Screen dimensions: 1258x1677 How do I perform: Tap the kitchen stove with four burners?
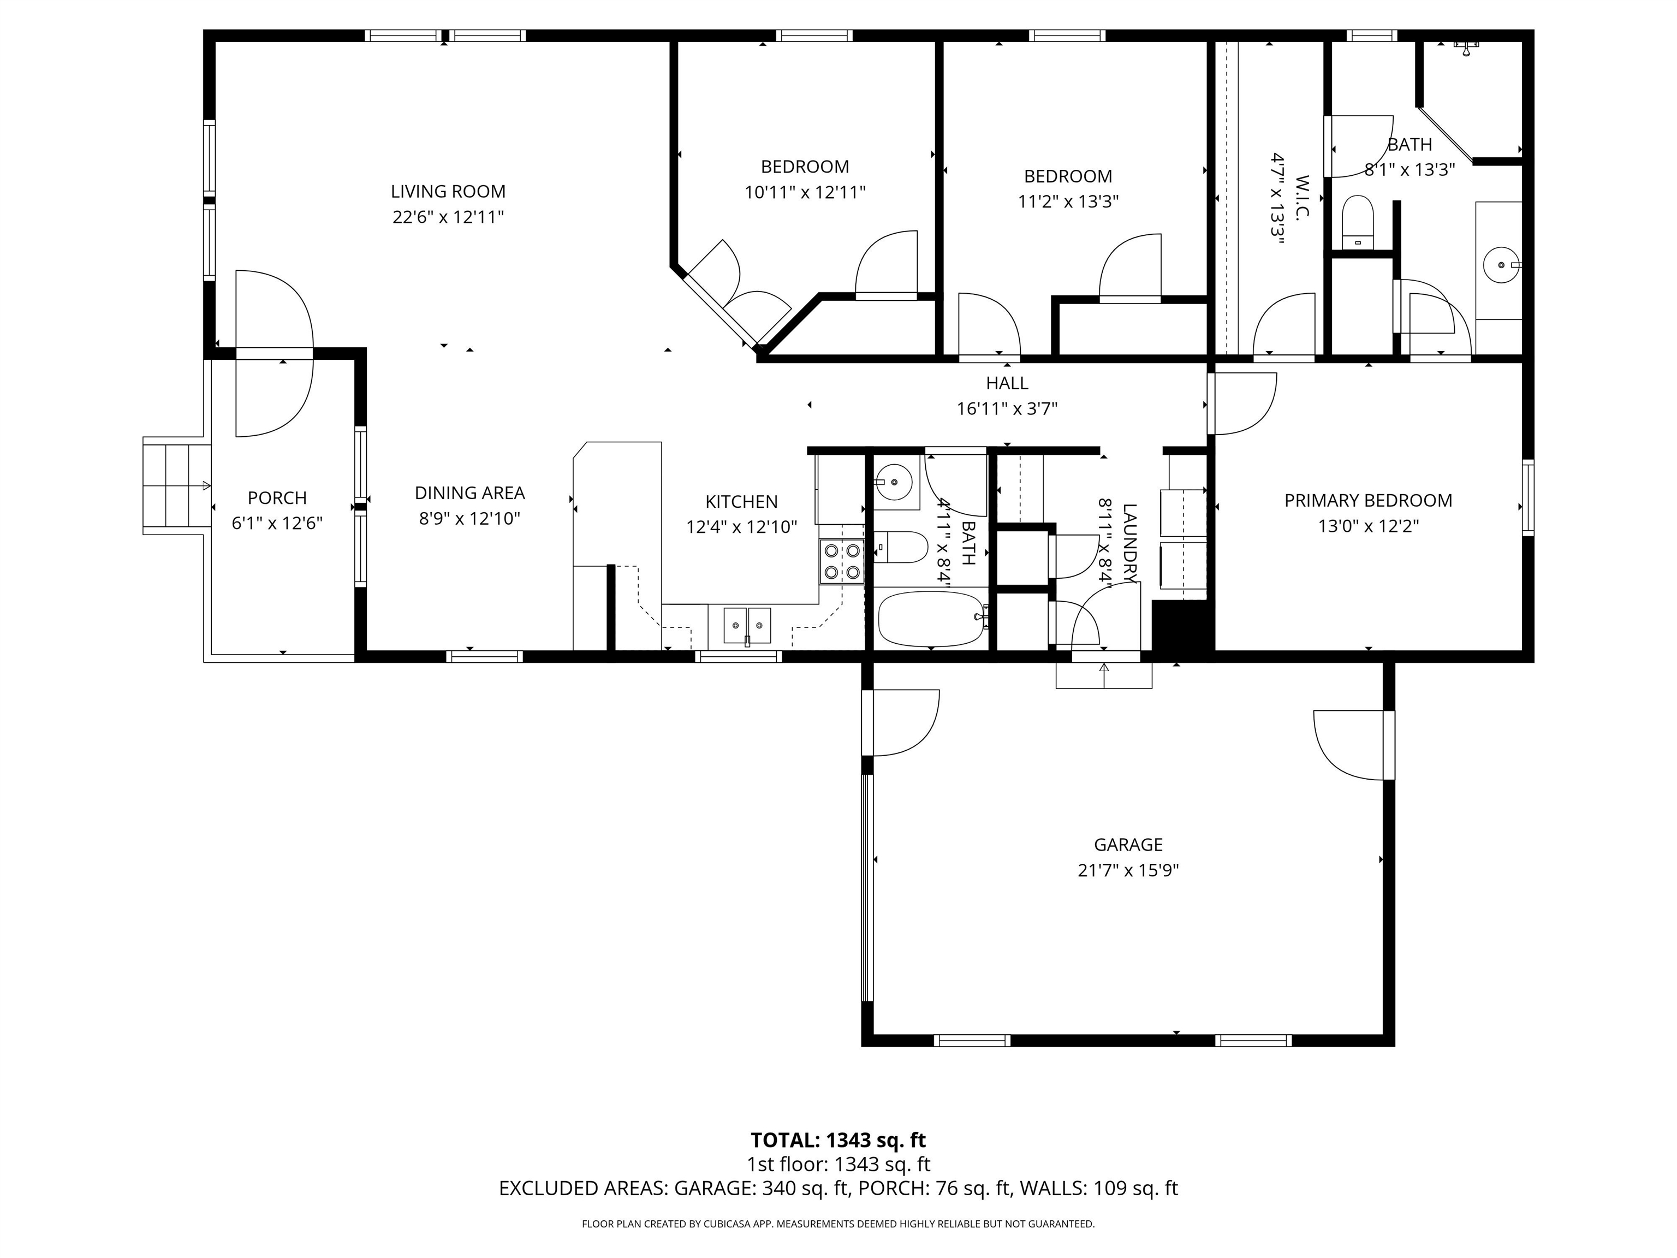(x=842, y=561)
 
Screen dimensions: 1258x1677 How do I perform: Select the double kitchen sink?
(x=747, y=626)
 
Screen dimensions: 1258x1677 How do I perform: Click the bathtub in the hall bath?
(x=930, y=618)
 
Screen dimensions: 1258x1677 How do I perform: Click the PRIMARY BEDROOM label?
(x=1367, y=501)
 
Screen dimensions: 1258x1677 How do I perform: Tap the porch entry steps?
(x=176, y=485)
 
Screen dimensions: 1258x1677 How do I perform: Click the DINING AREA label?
(x=469, y=493)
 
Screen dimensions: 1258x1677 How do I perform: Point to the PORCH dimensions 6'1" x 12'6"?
(x=277, y=523)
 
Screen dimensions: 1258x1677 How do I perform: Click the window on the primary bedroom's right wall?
(x=1527, y=497)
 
